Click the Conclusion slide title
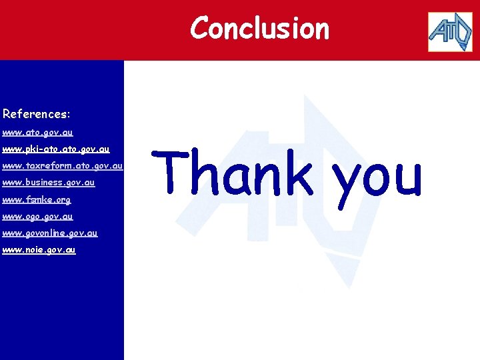(x=259, y=29)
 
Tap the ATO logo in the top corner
(x=450, y=31)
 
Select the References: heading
(x=37, y=114)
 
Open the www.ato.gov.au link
(x=38, y=133)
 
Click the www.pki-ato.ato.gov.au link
(x=56, y=149)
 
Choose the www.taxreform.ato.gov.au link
(x=63, y=166)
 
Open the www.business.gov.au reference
(x=49, y=183)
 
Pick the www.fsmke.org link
(x=37, y=199)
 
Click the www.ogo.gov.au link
(x=38, y=216)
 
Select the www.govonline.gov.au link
(x=50, y=233)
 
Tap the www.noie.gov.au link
(x=39, y=249)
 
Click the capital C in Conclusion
(x=199, y=29)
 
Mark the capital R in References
(x=7, y=114)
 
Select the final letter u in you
(x=407, y=177)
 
